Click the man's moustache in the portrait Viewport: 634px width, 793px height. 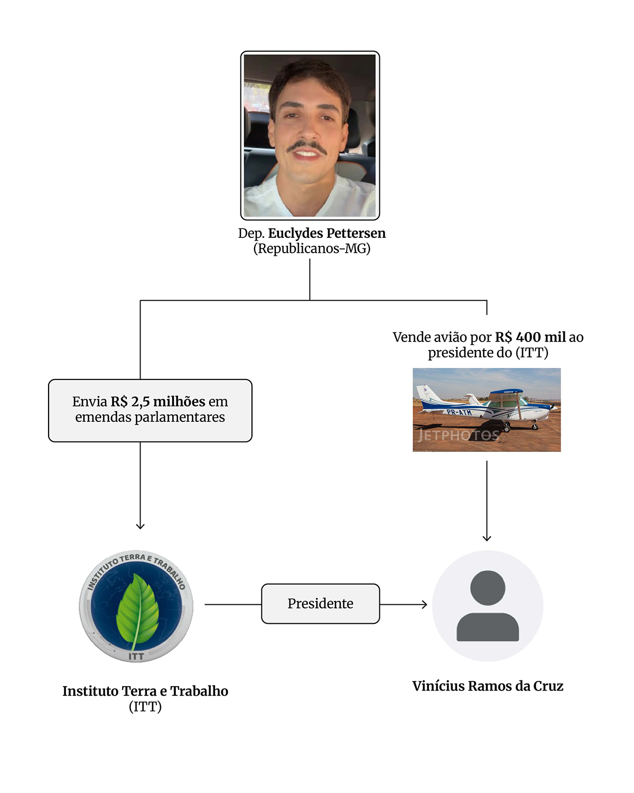point(307,146)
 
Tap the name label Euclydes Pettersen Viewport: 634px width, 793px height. point(327,233)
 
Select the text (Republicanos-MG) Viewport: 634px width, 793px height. point(312,248)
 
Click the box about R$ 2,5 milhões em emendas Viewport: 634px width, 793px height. point(150,410)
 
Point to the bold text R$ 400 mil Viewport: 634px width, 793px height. point(530,337)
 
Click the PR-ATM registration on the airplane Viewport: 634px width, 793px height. point(459,412)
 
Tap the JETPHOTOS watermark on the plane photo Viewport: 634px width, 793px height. point(458,436)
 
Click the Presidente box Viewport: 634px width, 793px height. point(320,604)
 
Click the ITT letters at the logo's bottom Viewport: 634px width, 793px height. point(136,656)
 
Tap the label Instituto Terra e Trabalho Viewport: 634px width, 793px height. point(145,691)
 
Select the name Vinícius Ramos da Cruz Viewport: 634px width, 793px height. point(488,686)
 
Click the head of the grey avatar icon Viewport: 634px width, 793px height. point(487,587)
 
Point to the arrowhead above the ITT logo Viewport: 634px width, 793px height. point(140,526)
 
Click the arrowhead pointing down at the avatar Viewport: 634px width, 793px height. point(487,538)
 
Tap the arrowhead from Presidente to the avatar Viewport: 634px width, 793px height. point(424,604)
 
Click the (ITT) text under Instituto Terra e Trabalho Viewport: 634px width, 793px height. point(145,707)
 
